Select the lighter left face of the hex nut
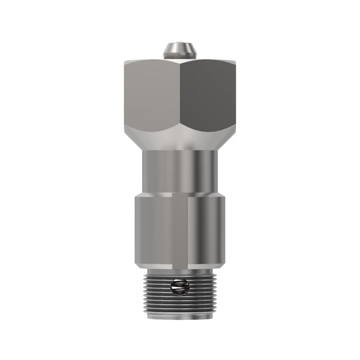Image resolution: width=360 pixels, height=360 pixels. (x=151, y=94)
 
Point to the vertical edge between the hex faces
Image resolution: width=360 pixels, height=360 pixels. (x=180, y=94)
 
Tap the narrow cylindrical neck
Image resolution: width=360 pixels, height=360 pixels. (x=179, y=171)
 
